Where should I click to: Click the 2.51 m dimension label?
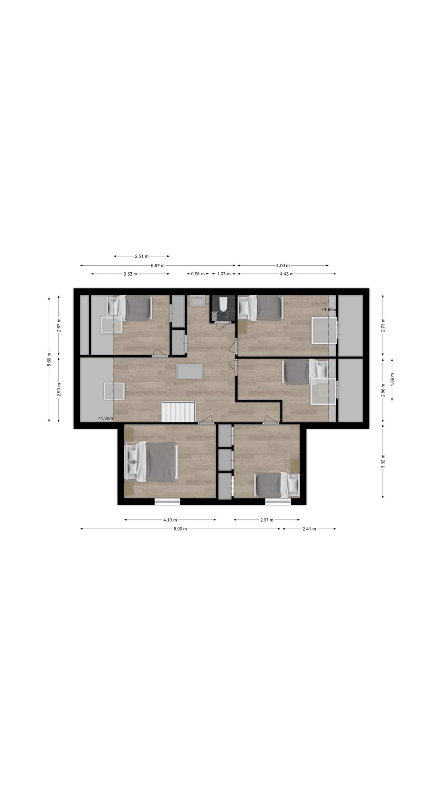click(x=141, y=256)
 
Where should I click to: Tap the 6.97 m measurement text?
click(x=157, y=266)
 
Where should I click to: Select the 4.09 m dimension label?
click(x=283, y=266)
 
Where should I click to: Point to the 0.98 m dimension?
click(x=198, y=274)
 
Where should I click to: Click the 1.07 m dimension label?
click(x=224, y=274)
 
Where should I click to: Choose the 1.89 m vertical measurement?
click(x=392, y=379)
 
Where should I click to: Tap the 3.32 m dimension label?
click(x=383, y=465)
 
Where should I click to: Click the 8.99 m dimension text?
click(x=180, y=529)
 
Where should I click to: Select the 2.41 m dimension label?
click(x=309, y=529)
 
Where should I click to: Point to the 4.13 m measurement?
click(x=170, y=520)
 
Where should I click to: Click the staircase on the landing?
click(x=178, y=412)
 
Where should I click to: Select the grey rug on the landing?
click(x=190, y=371)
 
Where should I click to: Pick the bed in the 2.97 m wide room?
click(x=277, y=485)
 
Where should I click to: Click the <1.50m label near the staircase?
click(x=105, y=418)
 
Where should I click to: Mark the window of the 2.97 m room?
click(x=278, y=502)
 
